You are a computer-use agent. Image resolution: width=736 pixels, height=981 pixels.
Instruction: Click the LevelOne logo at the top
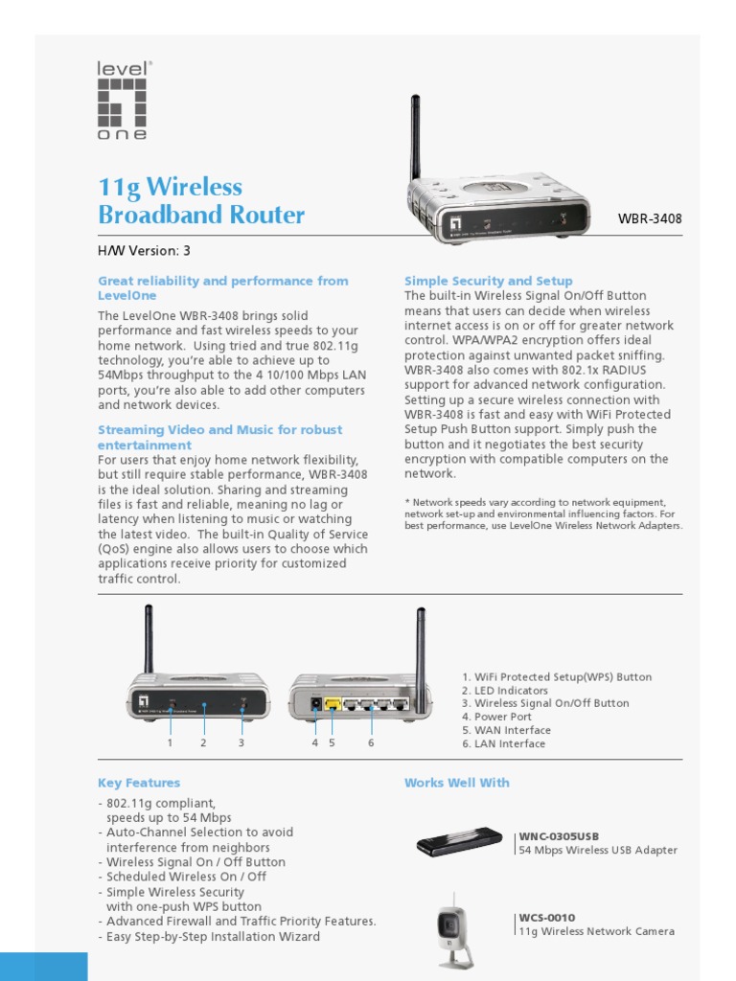tap(124, 102)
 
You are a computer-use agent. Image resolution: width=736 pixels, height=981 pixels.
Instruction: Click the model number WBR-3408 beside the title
tap(650, 218)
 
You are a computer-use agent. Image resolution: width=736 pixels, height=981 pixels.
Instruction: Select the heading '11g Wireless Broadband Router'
tap(201, 200)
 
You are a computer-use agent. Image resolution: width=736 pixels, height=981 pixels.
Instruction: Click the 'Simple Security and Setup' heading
tap(489, 281)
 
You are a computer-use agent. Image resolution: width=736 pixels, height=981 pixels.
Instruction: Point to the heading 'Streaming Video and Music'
tap(219, 430)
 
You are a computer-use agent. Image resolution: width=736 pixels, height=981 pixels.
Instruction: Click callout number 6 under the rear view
tap(371, 742)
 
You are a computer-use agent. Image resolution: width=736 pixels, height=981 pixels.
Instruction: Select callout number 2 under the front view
tap(203, 742)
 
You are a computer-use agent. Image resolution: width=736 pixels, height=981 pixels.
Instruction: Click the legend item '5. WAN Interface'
tap(506, 730)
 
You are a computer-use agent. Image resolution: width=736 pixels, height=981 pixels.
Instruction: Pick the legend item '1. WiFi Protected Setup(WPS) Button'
tap(556, 676)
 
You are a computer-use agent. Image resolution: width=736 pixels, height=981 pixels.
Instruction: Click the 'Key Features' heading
tap(139, 783)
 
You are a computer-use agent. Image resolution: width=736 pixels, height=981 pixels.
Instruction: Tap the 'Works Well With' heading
tap(457, 783)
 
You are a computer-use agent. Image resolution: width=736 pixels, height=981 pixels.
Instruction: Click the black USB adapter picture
tap(459, 842)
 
